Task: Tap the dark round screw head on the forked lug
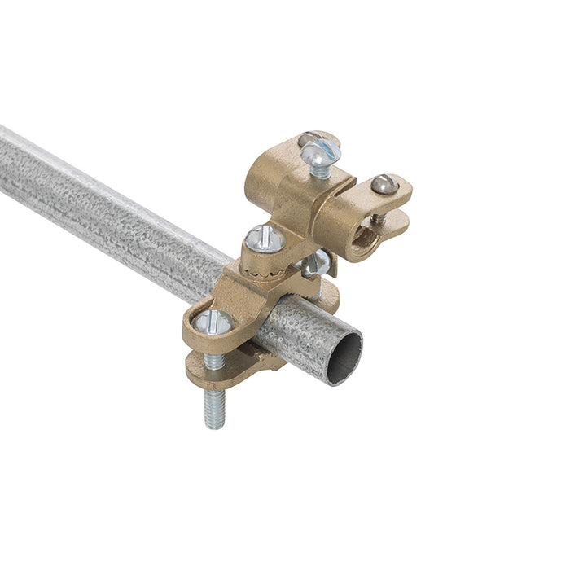pos(384,186)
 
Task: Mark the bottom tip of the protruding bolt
pos(214,426)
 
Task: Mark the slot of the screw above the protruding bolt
pos(213,321)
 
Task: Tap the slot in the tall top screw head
pos(319,150)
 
